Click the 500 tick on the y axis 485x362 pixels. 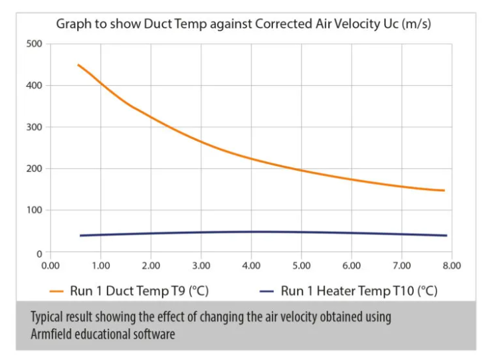[x=33, y=44]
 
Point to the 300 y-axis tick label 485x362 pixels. [x=33, y=127]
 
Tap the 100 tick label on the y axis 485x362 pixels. [x=33, y=210]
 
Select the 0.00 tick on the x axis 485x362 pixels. [x=50, y=265]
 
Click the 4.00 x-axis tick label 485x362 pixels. [x=251, y=265]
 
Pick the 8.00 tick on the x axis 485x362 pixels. [x=452, y=265]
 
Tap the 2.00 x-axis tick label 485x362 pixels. [x=151, y=265]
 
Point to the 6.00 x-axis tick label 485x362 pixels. [x=351, y=265]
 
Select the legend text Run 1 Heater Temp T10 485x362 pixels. [x=359, y=291]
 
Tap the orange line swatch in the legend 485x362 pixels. [x=56, y=291]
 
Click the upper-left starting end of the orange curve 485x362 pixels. [x=78, y=65]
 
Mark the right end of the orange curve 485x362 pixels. [x=444, y=191]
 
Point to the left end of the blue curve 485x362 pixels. [x=80, y=236]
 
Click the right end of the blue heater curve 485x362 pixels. [x=446, y=236]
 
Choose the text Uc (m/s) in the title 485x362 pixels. [x=412, y=24]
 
